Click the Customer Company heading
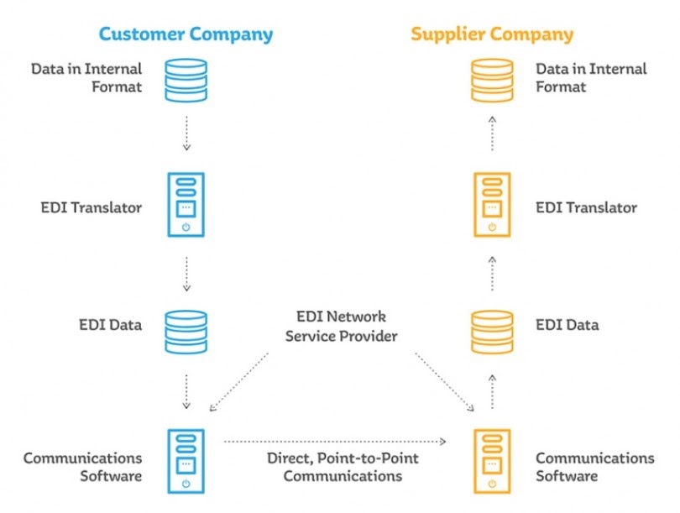coord(186,34)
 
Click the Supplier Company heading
coord(492,34)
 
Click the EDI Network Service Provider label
coord(342,327)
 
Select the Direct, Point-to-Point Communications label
coord(342,467)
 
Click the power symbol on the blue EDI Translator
coord(186,228)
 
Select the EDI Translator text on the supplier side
coord(586,207)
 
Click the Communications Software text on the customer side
coord(82,467)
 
